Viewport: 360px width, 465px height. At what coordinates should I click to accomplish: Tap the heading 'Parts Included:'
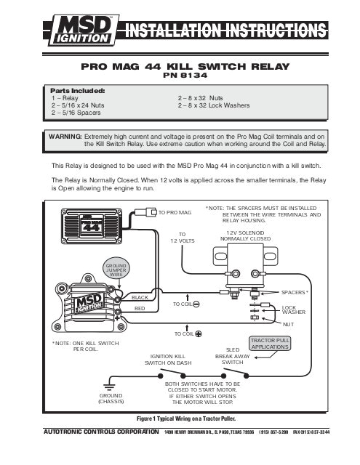pos(76,91)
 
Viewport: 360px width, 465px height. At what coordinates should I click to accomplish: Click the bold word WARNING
pos(64,136)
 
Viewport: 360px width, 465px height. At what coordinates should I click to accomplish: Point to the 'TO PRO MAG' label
pos(175,212)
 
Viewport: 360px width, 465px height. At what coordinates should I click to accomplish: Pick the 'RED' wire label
pos(140,309)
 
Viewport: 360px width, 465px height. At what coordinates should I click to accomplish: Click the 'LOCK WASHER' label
pos(294,310)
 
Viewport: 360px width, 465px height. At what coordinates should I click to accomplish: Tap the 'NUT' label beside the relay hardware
pos(288,325)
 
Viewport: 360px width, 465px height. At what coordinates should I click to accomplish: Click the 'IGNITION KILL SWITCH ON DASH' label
pos(169,358)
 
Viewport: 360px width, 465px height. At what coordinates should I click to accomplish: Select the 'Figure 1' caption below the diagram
pos(180,419)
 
